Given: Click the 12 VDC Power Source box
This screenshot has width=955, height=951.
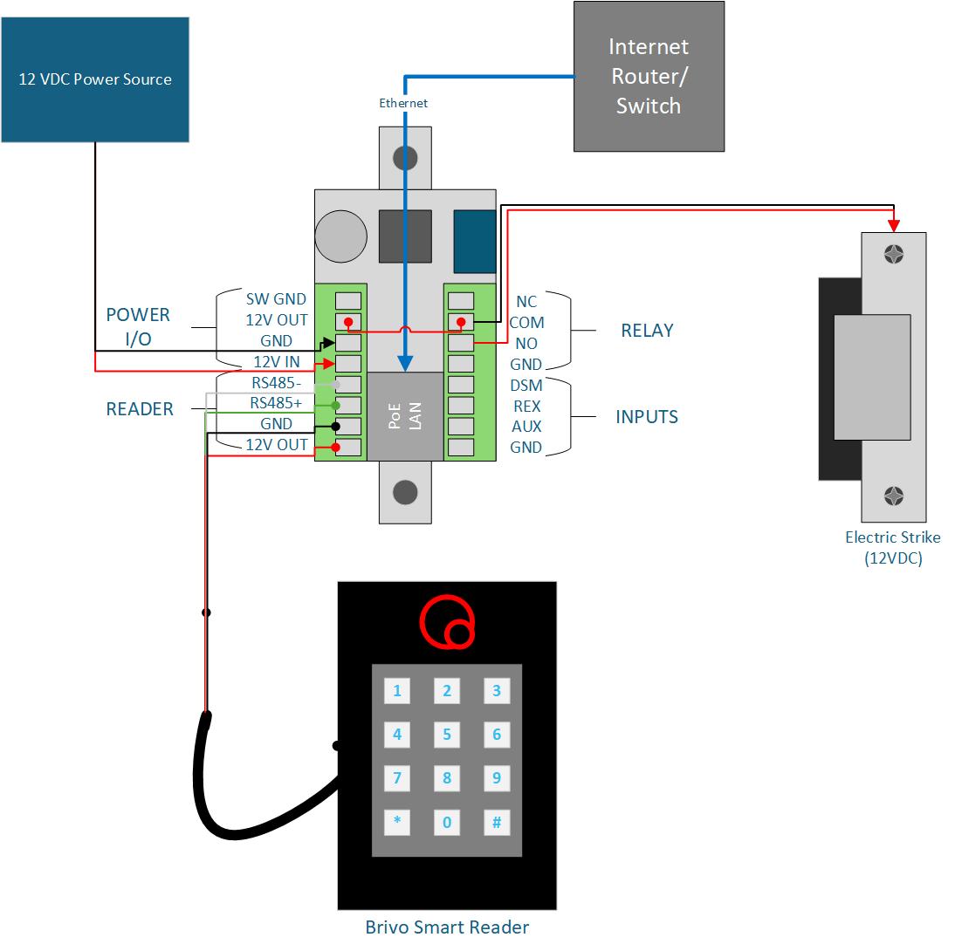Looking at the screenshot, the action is (95, 79).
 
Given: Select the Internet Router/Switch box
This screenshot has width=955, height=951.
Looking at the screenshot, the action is (649, 76).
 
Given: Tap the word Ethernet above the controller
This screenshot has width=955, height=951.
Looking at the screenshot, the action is (403, 103).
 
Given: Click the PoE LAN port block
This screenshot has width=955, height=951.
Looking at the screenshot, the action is (405, 416).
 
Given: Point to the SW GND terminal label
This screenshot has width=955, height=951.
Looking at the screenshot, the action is (276, 299).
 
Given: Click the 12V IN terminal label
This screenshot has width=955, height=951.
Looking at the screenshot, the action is (277, 362).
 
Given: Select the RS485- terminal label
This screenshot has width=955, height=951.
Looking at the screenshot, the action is (277, 382).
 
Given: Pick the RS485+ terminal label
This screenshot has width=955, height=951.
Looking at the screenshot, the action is (276, 403).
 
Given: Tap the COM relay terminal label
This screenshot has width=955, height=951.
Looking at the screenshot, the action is (527, 322).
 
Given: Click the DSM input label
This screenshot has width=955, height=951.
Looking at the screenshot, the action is (526, 386).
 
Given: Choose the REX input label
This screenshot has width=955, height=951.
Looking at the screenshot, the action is (527, 406).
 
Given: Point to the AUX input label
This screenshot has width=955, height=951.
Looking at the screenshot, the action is (526, 426).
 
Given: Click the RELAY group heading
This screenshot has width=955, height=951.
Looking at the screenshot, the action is (648, 331).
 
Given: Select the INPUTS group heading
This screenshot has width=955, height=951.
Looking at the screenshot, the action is (647, 417).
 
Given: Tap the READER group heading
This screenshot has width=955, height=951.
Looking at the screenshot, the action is (140, 409).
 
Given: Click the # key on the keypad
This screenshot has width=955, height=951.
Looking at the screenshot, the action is (497, 823).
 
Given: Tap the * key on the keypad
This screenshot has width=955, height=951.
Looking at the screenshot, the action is (397, 822).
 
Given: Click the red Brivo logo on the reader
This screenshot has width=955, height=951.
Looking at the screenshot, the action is (447, 621).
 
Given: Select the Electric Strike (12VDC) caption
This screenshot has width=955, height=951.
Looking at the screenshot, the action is (893, 548).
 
